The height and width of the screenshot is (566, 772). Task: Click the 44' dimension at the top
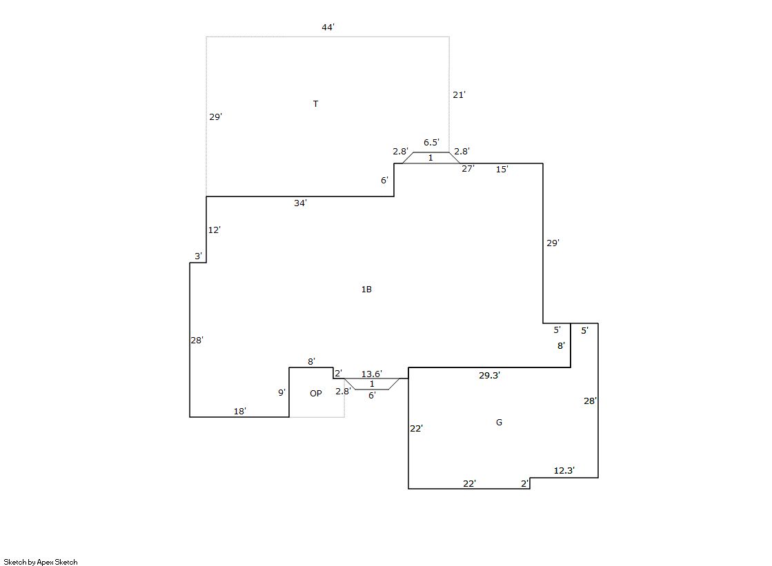coord(328,27)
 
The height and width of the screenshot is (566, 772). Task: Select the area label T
coord(315,103)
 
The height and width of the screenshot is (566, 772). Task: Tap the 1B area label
coord(366,289)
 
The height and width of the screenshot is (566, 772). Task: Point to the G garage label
coord(499,422)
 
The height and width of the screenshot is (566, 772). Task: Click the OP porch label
coord(315,393)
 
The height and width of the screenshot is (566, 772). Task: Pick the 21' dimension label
coord(459,94)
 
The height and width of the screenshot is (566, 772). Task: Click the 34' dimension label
coord(300,203)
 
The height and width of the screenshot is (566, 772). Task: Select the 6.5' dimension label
coord(431,142)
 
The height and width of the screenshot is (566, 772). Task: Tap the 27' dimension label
coord(468,168)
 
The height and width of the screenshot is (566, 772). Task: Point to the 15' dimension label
coord(502,169)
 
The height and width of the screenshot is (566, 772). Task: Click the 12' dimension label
coord(214,230)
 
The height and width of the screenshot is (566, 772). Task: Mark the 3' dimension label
coord(198,256)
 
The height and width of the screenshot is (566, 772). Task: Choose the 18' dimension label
coord(240,411)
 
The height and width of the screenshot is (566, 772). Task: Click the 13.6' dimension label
coord(372,374)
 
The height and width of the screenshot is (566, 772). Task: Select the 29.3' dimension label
coord(489,375)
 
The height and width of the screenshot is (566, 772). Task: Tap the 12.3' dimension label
coord(564,470)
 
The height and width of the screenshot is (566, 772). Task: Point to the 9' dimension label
coord(281,392)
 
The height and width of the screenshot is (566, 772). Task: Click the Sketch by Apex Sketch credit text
coord(41,562)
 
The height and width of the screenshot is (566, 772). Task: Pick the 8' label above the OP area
coord(311,361)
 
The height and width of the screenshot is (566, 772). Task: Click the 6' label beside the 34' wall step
coord(384,180)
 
